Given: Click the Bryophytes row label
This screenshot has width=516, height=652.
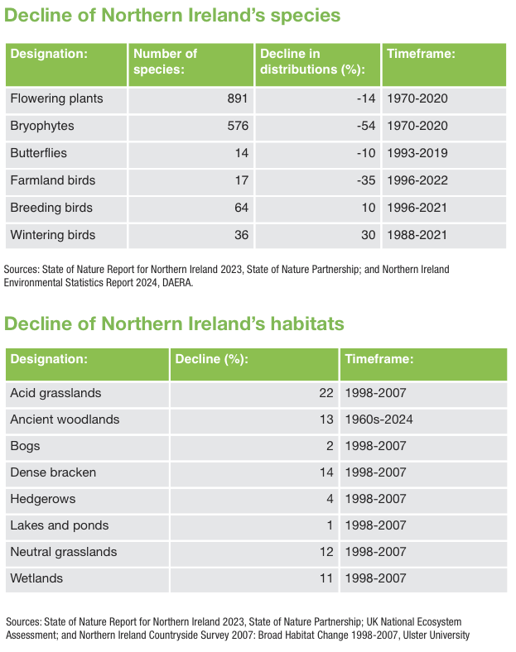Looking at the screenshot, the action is coord(42,126).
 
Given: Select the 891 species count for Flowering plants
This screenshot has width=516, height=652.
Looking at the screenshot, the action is coord(238,98).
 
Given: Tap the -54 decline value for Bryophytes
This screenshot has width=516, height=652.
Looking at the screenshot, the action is coord(366,126).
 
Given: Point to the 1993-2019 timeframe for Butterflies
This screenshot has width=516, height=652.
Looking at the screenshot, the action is coord(417,153).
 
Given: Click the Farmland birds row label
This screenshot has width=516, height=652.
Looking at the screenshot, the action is coord(53,180).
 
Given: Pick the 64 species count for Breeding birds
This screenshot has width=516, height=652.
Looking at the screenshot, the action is coord(241,208).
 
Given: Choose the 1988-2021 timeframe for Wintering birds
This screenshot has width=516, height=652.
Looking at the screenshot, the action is coord(417,235).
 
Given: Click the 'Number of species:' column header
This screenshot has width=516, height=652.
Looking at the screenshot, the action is coord(165,61).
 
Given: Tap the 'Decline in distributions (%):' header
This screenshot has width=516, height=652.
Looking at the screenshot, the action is coord(312,61).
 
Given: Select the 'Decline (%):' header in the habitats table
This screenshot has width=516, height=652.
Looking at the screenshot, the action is coord(212,359).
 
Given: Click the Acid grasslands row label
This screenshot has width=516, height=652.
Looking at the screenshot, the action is coord(55,393).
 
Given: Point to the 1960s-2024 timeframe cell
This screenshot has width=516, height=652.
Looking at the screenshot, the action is coord(379,419).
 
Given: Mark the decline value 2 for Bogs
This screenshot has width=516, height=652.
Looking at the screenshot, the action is coord(330,446).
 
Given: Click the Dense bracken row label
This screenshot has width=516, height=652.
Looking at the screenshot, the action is coord(53,472).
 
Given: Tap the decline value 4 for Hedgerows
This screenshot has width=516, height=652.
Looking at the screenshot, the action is coord(330,499).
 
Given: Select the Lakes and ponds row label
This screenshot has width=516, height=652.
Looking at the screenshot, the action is coord(60,525).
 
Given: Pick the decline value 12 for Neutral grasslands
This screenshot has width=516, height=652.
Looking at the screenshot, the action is coord(326,552).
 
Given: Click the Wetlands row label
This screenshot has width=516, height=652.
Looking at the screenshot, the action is coord(36,578).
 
